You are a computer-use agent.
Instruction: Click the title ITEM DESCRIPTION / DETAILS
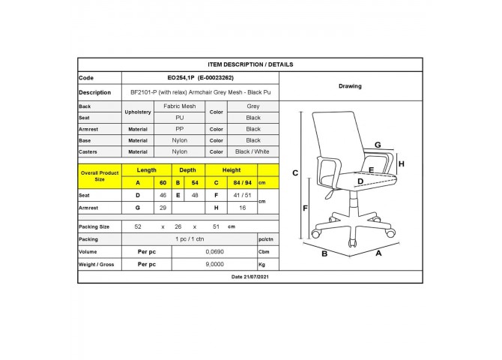pos(250,64)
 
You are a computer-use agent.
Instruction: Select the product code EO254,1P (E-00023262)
pos(200,77)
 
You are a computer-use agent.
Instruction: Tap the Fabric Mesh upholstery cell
pos(180,106)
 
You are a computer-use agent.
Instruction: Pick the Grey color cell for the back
pos(253,106)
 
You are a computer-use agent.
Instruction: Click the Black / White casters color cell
pos(252,151)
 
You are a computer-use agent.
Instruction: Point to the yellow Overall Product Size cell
pos(100,176)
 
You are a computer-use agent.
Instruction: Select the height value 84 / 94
pos(242,183)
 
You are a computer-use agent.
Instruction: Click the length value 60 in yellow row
pos(163,183)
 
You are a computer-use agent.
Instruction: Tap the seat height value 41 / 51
pos(242,195)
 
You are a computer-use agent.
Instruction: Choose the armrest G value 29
pos(163,208)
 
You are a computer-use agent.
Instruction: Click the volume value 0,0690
pos(214,252)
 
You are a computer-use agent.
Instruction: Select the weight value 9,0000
pos(214,265)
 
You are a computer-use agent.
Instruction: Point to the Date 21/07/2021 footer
pos(250,277)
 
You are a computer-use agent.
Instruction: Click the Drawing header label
pos(350,86)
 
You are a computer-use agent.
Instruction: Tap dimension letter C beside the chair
pos(295,173)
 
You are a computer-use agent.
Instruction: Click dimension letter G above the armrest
pos(378,145)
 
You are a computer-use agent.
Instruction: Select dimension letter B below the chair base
pos(324,254)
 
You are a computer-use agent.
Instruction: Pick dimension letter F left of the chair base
pos(305,208)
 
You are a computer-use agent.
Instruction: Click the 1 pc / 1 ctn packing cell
pos(190,239)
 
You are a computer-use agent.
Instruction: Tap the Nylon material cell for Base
pos(180,140)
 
